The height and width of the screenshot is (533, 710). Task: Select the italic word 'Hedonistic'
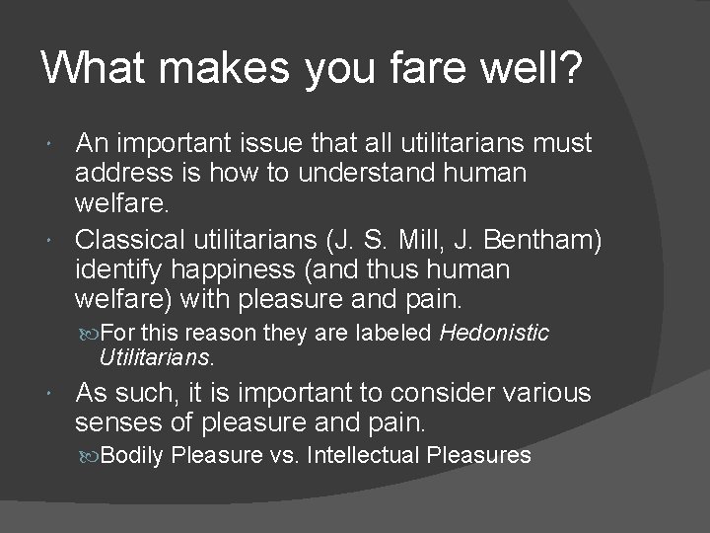point(494,334)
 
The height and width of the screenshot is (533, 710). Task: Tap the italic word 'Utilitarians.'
point(157,354)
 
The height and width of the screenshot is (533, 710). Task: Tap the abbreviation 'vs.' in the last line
point(287,456)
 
